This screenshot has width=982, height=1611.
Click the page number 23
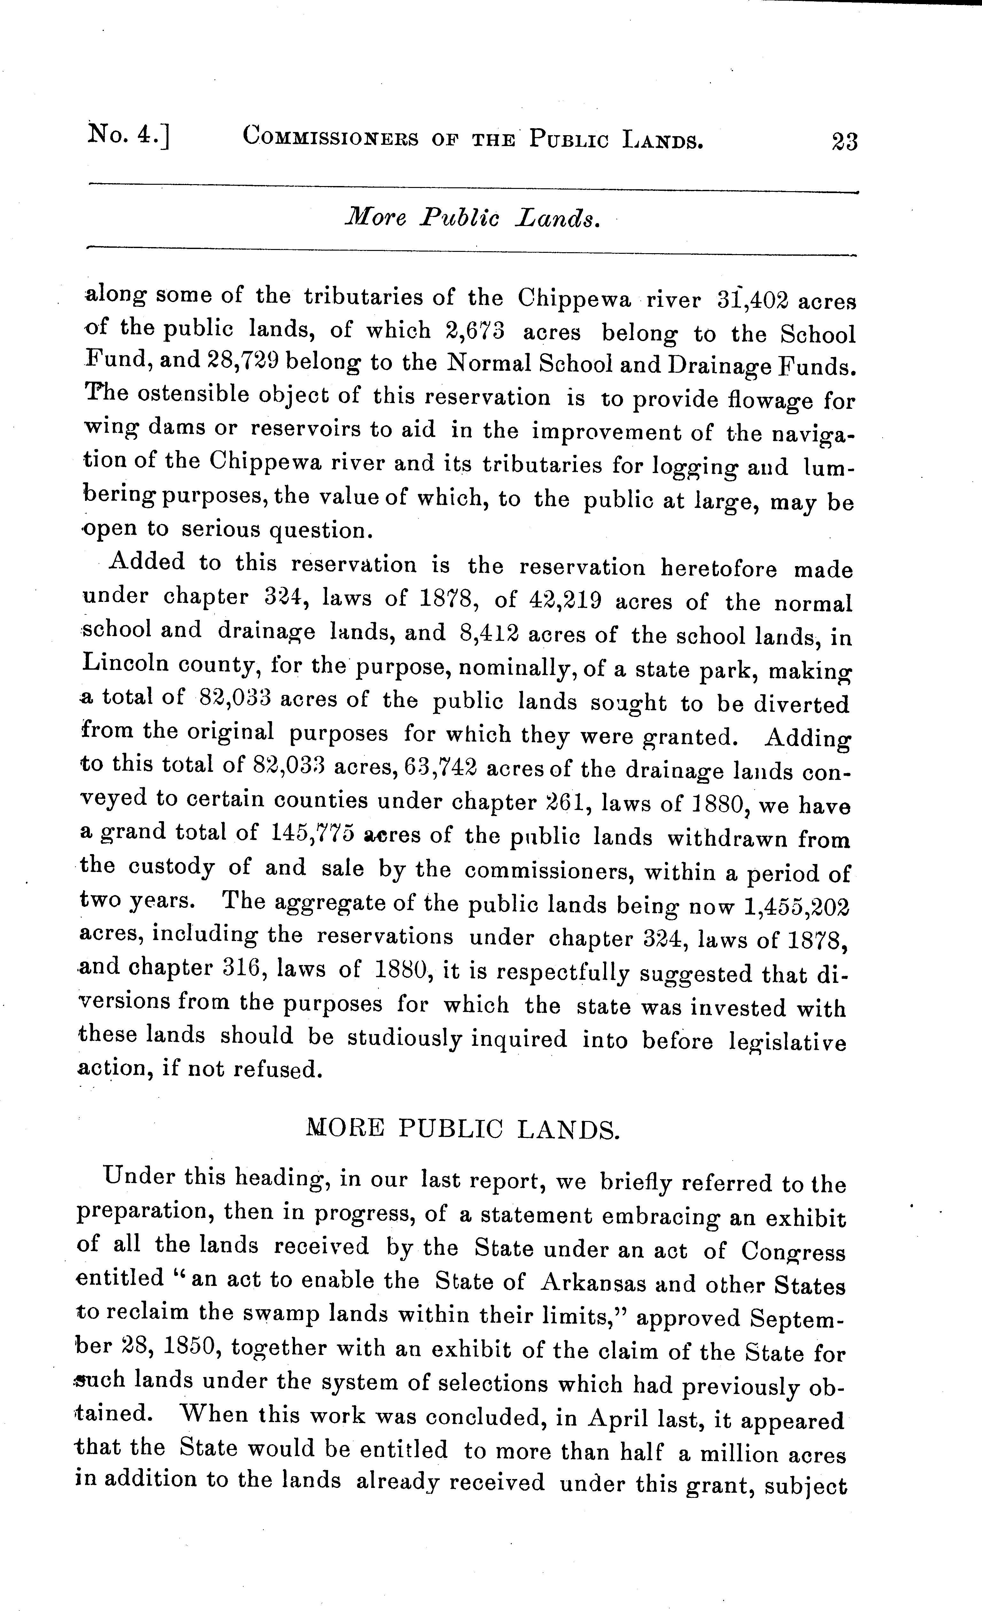click(x=843, y=141)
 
